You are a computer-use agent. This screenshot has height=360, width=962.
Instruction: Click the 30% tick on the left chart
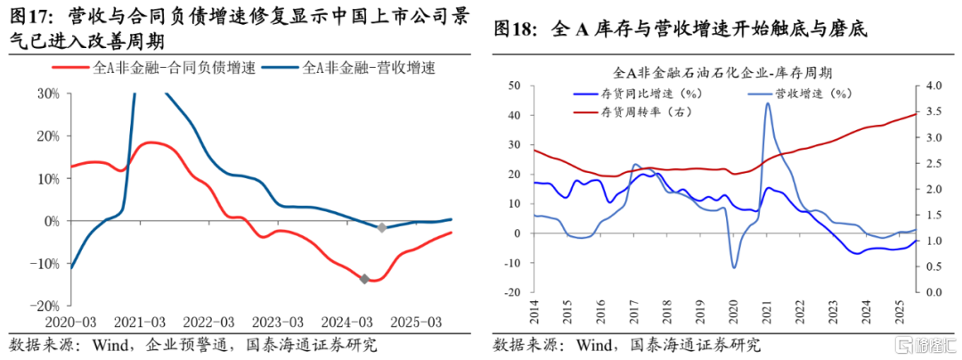point(46,93)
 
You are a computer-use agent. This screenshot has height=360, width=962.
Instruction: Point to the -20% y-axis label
point(45,306)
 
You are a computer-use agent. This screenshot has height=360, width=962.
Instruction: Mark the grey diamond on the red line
point(363,279)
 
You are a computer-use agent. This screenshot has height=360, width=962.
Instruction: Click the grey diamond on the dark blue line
point(381,228)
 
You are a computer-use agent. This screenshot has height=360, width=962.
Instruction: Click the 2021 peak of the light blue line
point(768,103)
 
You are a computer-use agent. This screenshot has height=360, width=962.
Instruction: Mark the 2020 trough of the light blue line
point(734,267)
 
